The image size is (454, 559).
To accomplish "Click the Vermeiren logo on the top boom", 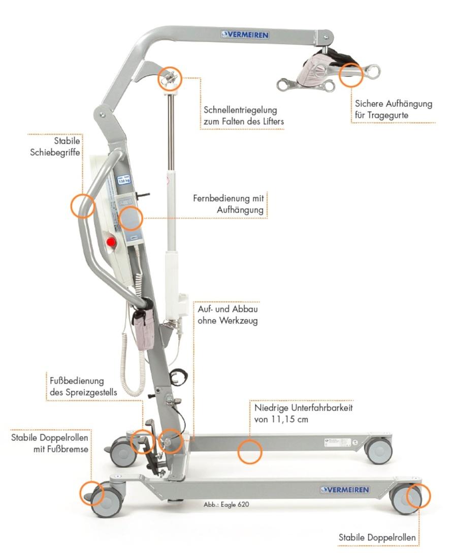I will click(x=245, y=35).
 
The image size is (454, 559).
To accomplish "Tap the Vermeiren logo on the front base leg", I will click(x=345, y=490).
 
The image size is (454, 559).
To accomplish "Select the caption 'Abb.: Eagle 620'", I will click(x=226, y=505).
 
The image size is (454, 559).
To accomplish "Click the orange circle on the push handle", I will click(x=83, y=206).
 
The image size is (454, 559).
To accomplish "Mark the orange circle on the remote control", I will click(x=131, y=218).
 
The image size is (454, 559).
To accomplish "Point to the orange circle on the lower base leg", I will click(x=249, y=451).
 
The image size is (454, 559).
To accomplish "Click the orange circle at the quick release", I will click(x=170, y=78).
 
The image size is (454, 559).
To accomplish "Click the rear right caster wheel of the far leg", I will click(x=379, y=450).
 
